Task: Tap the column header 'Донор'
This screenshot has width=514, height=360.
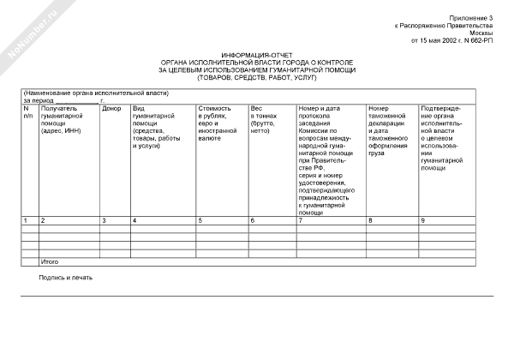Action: [111, 109]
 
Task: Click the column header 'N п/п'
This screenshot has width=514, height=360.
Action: [27, 112]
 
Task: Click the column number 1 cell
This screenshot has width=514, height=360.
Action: [26, 221]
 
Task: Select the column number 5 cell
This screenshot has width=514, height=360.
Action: [200, 221]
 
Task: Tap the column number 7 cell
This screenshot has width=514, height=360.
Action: [300, 221]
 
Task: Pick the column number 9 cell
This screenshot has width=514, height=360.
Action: [423, 221]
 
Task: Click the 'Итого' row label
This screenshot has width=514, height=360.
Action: [51, 260]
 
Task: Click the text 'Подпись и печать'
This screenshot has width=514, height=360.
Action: [65, 277]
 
